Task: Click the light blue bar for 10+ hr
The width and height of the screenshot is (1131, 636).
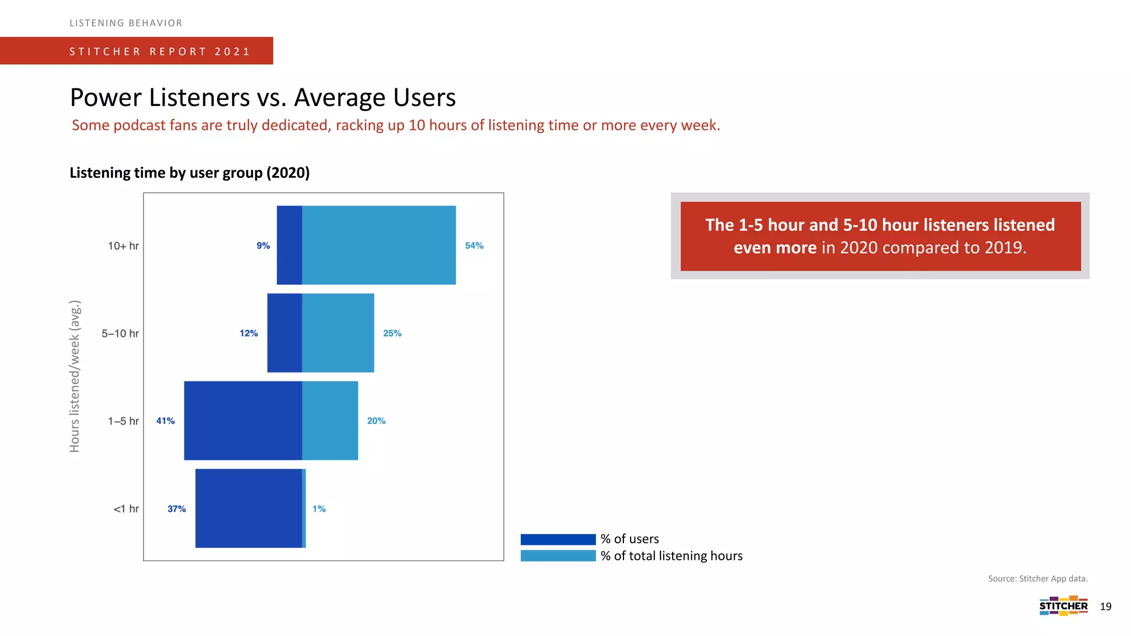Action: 379,245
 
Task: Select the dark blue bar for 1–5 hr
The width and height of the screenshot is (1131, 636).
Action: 243,421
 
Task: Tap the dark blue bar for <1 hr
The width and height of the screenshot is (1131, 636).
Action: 249,508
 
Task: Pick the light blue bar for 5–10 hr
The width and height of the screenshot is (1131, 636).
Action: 338,333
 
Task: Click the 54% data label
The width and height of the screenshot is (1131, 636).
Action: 474,246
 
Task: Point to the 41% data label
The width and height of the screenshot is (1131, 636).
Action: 165,421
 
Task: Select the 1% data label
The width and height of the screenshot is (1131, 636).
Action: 319,509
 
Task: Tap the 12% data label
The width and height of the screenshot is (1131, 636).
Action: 249,333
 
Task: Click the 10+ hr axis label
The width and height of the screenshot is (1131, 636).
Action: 123,246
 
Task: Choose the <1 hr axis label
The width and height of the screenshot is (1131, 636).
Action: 126,509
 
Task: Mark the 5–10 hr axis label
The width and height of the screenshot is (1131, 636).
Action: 120,333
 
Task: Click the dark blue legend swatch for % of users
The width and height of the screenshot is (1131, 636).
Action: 558,539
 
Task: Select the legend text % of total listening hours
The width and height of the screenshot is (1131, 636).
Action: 672,556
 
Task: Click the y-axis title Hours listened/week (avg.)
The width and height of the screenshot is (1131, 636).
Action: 75,376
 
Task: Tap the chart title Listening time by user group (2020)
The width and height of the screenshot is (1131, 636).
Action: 189,173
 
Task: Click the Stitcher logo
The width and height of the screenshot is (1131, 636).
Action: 1063,606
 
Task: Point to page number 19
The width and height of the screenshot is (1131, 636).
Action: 1106,607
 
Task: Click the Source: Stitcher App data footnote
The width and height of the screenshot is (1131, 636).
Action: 1038,579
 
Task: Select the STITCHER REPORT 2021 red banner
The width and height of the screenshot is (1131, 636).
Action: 136,51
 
